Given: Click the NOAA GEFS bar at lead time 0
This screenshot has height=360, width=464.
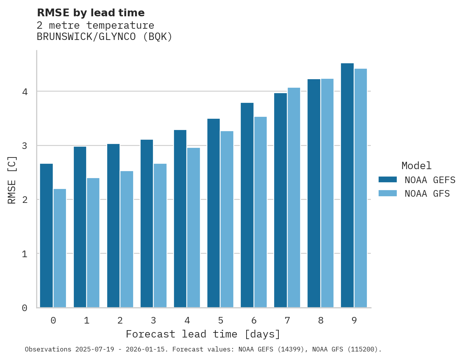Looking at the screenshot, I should [46, 235].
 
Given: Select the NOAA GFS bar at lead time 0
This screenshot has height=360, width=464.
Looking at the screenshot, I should [60, 248].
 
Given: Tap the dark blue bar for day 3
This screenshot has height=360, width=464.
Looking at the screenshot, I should [147, 223].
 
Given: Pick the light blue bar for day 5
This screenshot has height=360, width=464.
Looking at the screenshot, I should [227, 219].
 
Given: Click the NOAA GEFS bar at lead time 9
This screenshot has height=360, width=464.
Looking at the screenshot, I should [347, 185].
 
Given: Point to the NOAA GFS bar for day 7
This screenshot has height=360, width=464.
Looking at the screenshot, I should [294, 197].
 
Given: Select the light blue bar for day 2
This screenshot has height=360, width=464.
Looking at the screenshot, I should [127, 239].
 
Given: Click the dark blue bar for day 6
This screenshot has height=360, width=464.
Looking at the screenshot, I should [247, 205].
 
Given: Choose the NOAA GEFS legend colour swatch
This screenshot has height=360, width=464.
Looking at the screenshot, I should [388, 180].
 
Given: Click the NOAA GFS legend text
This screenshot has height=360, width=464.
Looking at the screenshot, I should [427, 194].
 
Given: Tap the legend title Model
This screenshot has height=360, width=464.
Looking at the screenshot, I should [416, 166].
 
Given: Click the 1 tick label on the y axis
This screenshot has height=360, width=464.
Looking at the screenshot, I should [24, 254].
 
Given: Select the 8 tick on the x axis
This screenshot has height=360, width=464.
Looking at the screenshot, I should [320, 320].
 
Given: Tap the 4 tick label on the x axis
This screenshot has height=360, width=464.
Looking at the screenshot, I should [187, 320].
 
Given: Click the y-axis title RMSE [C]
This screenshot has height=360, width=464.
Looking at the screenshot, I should [12, 179].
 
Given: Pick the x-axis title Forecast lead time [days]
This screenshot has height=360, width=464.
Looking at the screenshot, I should [203, 334].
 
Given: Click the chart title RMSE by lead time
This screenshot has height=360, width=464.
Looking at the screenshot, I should [90, 13].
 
